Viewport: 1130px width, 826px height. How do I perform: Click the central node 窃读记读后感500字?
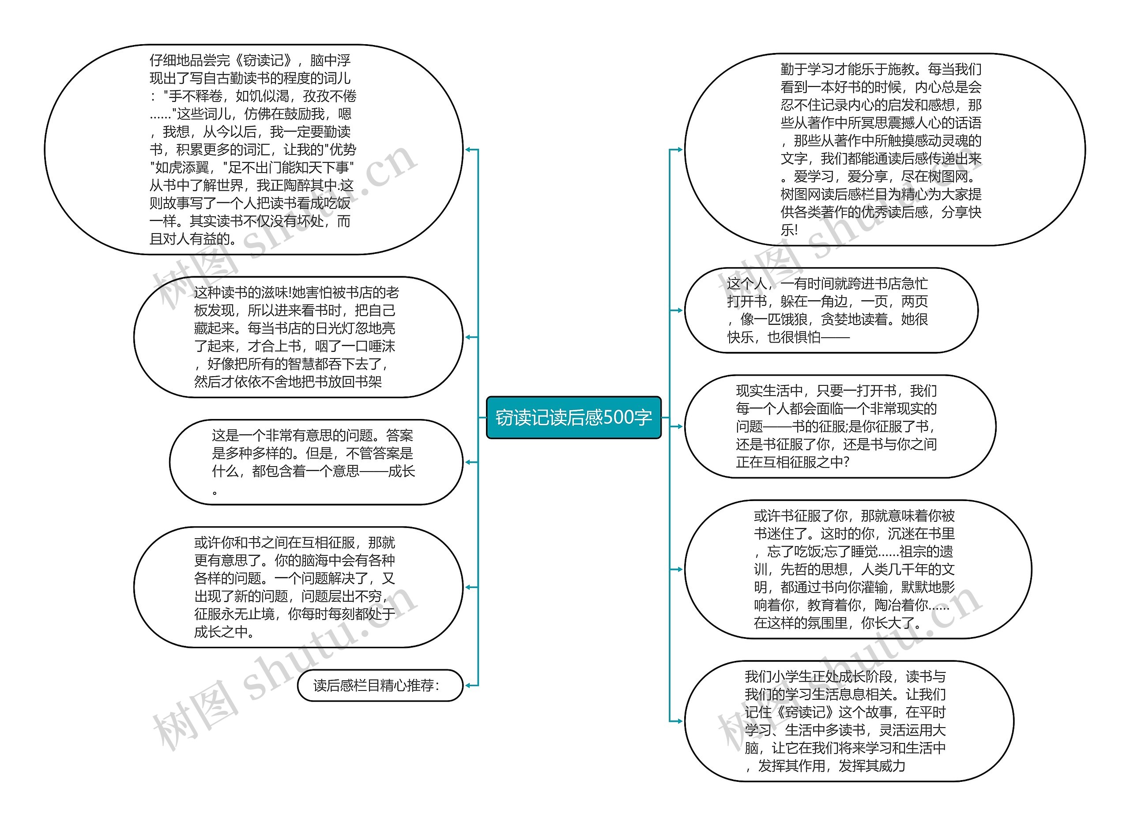tap(573, 418)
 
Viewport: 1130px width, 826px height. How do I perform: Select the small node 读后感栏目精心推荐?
tap(380, 685)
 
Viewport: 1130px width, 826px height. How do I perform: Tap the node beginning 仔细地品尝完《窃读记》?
tap(253, 149)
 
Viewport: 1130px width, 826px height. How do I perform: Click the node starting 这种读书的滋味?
tap(298, 337)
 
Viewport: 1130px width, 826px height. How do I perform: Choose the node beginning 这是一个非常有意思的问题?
tap(316, 462)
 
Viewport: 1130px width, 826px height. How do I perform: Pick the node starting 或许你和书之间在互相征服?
tap(298, 587)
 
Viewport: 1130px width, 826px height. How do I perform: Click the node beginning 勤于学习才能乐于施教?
tap(884, 149)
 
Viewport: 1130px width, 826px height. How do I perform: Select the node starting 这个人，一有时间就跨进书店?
tap(831, 310)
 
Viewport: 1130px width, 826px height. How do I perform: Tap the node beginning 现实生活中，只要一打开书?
tap(840, 426)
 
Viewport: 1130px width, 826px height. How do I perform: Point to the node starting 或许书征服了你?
tap(857, 569)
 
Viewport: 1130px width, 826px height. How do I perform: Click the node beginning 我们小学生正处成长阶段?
tap(849, 720)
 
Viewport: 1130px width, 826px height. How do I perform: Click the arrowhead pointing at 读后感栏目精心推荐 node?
tap(468, 685)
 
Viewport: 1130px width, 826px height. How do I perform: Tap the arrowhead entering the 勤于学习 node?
tap(679, 150)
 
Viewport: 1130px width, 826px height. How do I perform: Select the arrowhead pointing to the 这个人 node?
tap(679, 310)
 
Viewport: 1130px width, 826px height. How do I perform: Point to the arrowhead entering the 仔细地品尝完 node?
tap(468, 150)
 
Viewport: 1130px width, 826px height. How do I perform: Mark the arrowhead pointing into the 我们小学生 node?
tap(679, 720)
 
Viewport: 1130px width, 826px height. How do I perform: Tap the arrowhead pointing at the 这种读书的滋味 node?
tap(468, 337)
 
